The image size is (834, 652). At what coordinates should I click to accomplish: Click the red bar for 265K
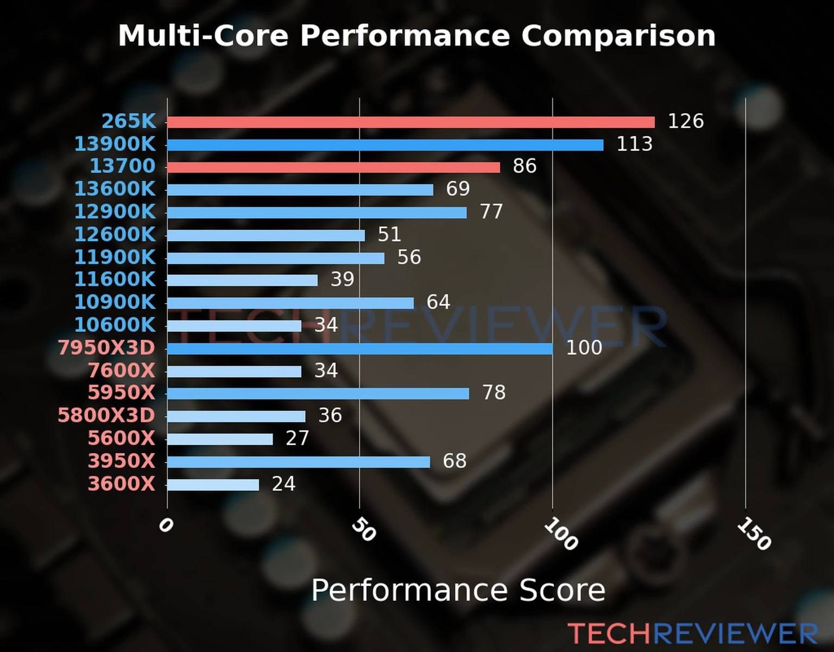[410, 122]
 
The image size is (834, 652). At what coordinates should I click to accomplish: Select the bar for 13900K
[385, 145]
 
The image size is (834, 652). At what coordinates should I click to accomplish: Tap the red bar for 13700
[333, 167]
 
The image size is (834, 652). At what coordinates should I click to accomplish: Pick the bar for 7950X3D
[359, 348]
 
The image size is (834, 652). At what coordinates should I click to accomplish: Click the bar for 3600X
[213, 485]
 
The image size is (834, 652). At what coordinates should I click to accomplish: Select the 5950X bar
[318, 393]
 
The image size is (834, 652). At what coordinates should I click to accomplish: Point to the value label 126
[685, 121]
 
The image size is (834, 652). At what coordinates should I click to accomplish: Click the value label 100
[584, 348]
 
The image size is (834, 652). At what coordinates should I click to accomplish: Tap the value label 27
[297, 438]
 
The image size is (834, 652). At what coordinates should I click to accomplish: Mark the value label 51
[389, 235]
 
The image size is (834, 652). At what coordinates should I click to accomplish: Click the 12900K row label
[115, 212]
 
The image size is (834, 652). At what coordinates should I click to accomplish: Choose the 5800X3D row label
[106, 416]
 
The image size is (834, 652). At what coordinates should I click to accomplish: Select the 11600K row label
[115, 280]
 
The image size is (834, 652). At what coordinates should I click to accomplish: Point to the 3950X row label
[122, 461]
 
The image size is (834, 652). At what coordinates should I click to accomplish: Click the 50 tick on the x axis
[363, 530]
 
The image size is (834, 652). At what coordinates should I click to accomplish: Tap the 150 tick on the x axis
[754, 534]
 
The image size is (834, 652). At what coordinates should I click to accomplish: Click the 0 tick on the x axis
[166, 525]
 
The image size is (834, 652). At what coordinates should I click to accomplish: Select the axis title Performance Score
[458, 590]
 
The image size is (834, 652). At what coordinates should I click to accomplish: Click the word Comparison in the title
[618, 36]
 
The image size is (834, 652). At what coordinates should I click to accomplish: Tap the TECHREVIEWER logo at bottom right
[692, 634]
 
